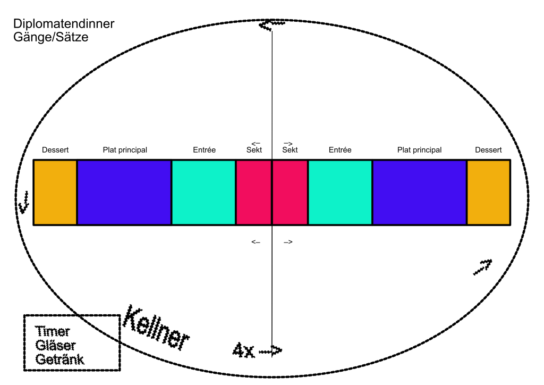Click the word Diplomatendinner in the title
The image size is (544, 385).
[64, 24]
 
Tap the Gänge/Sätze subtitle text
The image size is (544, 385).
[50, 37]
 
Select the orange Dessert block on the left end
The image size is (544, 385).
[55, 192]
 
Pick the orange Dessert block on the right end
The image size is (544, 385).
[489, 192]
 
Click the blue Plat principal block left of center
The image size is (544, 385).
[124, 192]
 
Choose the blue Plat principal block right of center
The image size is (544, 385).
[420, 192]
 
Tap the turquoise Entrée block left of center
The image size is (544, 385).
[203, 192]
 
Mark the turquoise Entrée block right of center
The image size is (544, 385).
[340, 192]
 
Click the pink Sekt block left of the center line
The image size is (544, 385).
[254, 192]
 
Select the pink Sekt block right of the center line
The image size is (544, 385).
[290, 192]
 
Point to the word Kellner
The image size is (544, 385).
[156, 328]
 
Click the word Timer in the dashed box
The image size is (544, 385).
[53, 331]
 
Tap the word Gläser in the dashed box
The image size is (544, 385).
[55, 346]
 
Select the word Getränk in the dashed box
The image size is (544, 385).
[59, 359]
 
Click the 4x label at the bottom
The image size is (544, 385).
[243, 350]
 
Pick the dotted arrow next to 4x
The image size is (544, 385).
[270, 351]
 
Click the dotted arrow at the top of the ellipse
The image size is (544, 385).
[272, 24]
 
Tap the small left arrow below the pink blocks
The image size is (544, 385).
[256, 242]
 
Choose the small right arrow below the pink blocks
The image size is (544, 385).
[288, 242]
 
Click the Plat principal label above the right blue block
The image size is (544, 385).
[420, 150]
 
